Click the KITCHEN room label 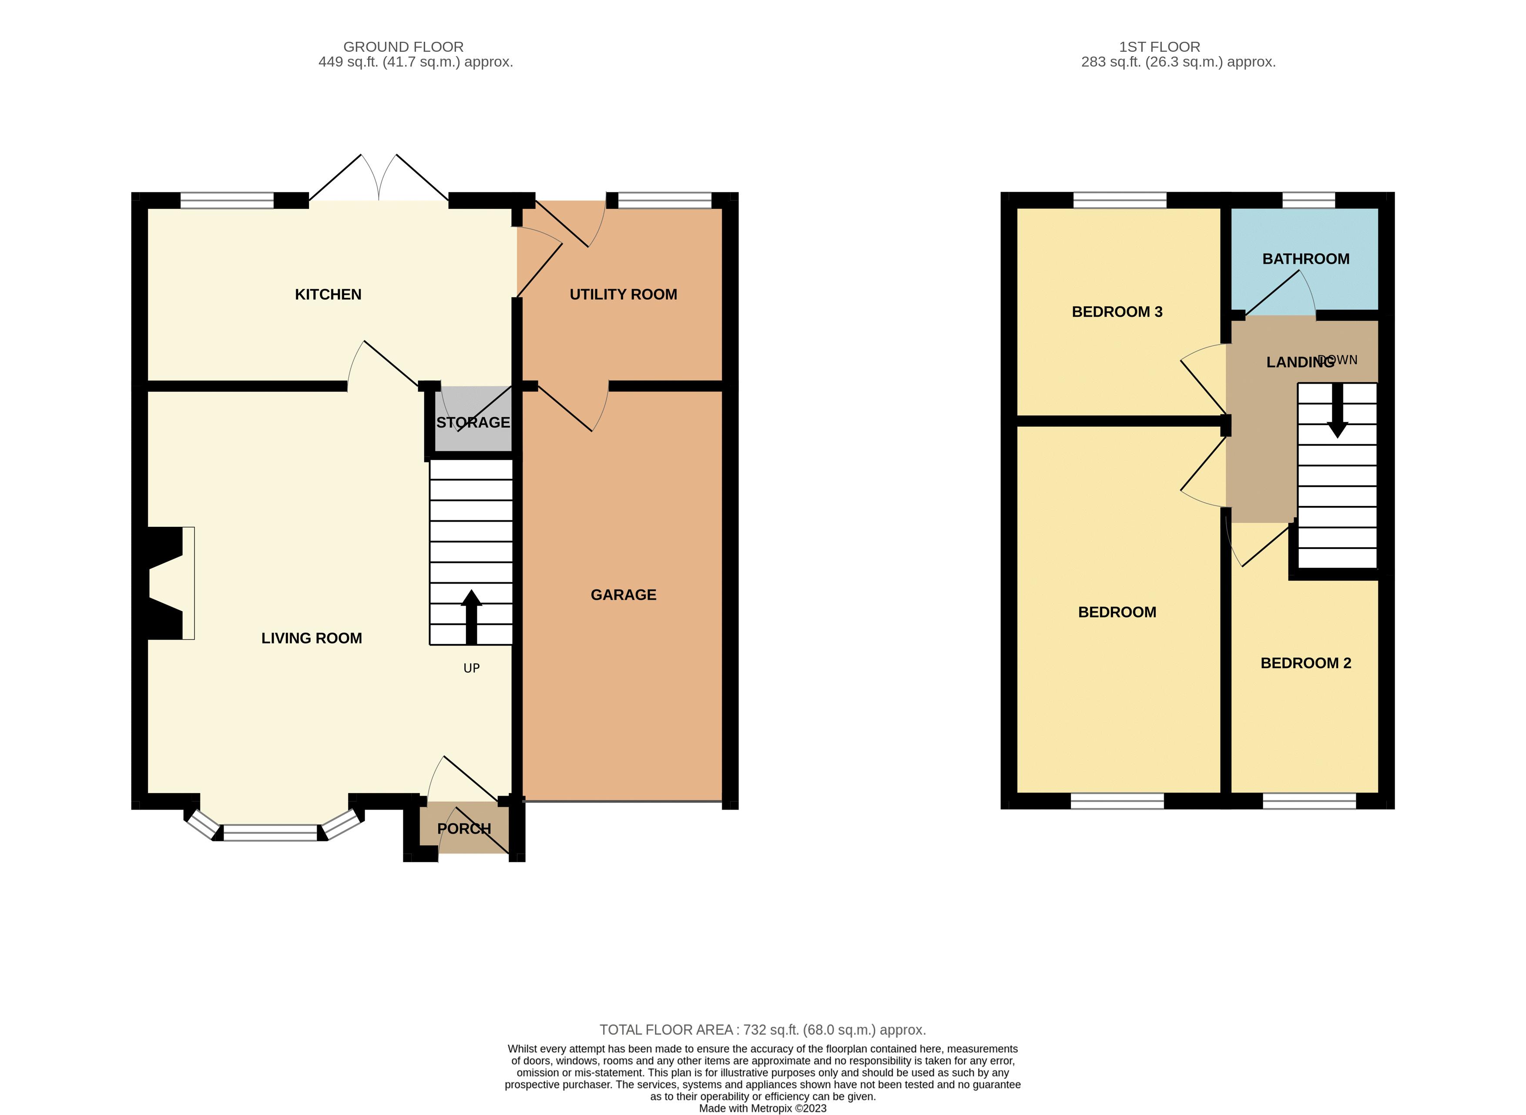[328, 294]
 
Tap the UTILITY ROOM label [623, 294]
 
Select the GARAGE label [623, 595]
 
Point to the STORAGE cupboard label [473, 422]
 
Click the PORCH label [464, 829]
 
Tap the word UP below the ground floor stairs [471, 668]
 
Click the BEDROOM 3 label [1117, 312]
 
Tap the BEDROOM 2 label [1305, 663]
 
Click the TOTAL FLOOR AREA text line [763, 1030]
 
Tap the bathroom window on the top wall [1308, 200]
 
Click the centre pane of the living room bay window [270, 833]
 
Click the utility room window [664, 200]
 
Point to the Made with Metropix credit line [763, 1108]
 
